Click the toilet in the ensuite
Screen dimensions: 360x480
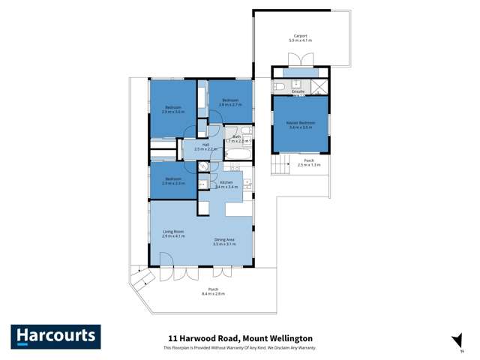coord(279,86)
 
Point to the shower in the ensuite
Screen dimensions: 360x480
coord(320,85)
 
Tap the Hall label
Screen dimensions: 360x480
coord(205,145)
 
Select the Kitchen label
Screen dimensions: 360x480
coord(226,182)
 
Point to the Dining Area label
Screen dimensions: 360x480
coord(224,241)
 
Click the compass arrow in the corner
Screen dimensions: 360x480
coord(453,339)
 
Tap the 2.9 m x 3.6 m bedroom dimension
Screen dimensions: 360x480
coord(174,112)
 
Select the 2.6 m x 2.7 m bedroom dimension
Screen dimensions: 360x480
coord(229,105)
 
